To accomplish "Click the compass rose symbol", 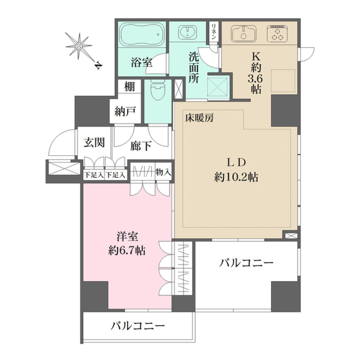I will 79,46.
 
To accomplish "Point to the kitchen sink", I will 244,33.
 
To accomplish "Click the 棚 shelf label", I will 129,87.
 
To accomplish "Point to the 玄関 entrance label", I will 94,142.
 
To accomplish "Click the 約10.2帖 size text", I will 236,177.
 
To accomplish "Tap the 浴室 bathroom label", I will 141,63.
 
